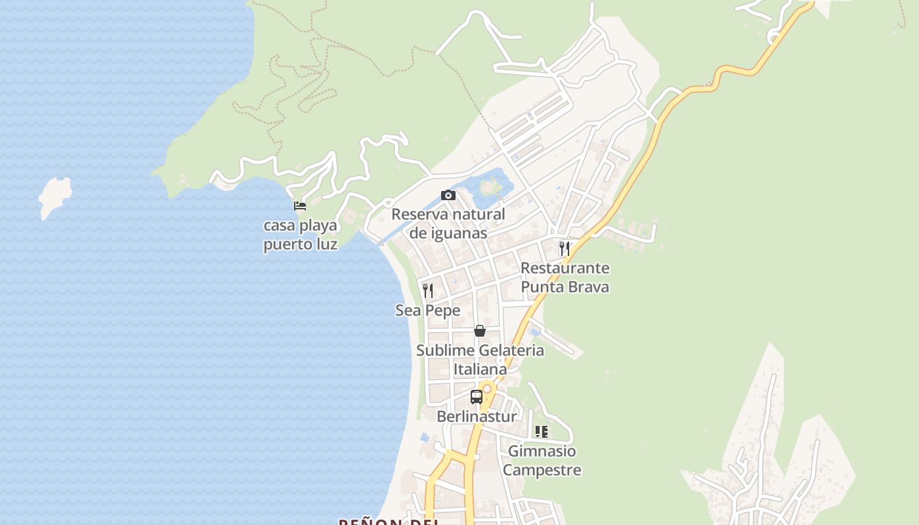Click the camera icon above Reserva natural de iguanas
click(x=448, y=195)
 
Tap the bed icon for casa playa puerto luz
click(x=300, y=205)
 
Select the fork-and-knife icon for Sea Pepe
click(x=428, y=290)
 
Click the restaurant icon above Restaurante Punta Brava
click(x=564, y=248)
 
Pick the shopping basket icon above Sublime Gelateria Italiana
click(x=480, y=331)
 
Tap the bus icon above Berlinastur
click(x=477, y=397)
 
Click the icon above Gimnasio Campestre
click(x=542, y=431)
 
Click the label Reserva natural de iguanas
click(x=448, y=224)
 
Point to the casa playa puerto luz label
click(x=301, y=235)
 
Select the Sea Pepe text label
click(x=428, y=310)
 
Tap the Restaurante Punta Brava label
click(x=565, y=278)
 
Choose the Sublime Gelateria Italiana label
click(x=480, y=360)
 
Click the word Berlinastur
click(x=477, y=416)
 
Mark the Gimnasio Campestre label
click(x=542, y=461)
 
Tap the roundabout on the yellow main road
click(x=487, y=388)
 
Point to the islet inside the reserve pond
click(x=489, y=186)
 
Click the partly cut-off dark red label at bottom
click(x=388, y=521)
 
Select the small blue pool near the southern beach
click(x=425, y=436)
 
